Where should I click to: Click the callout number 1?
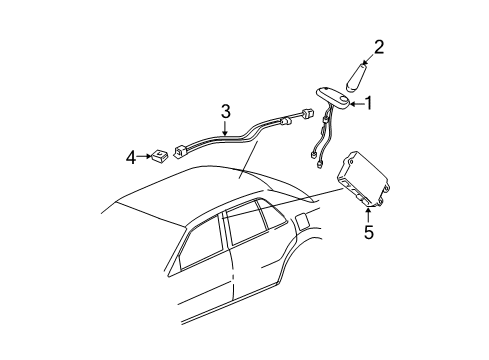[x=369, y=102]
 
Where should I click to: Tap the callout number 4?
[x=131, y=156]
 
